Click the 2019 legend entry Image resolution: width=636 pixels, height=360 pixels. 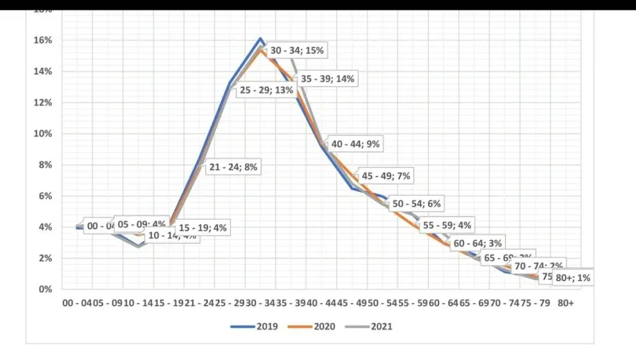pos(257,326)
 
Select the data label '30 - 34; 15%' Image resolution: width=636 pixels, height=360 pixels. pos(297,50)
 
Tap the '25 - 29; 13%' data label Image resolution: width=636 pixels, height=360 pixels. pos(266,91)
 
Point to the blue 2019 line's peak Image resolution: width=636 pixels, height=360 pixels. pos(261,38)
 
